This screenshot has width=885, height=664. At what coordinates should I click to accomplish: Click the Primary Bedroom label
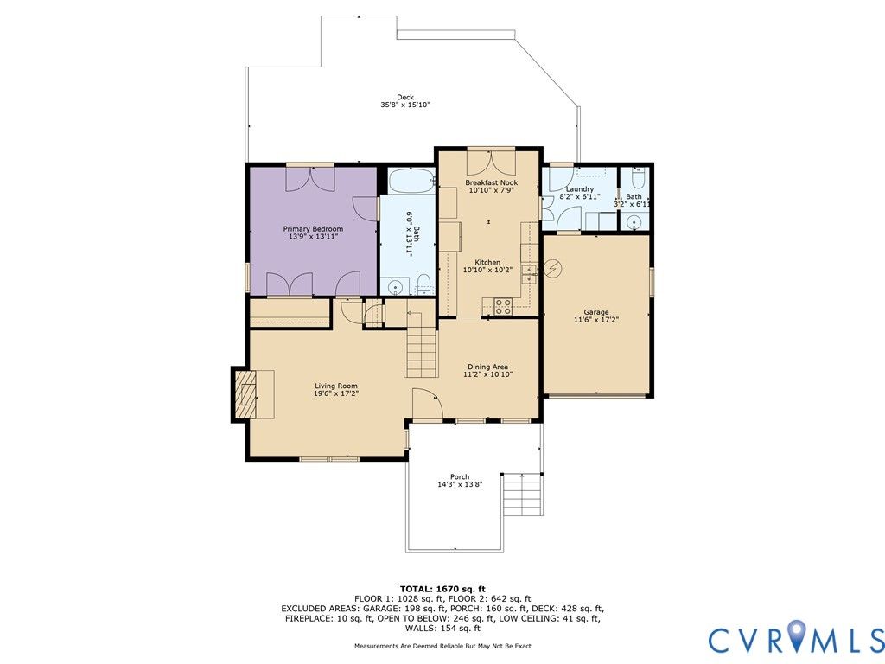tap(313, 228)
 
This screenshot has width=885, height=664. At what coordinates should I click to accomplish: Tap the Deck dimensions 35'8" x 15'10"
tap(405, 105)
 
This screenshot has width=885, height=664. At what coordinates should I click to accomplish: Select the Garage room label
tap(596, 311)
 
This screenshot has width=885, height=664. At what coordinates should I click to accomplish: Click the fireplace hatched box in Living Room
tap(245, 394)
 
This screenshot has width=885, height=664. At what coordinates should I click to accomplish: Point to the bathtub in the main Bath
tap(411, 180)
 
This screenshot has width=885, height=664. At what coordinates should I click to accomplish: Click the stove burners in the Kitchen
tap(503, 306)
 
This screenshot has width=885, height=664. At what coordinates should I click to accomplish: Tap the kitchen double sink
tap(529, 274)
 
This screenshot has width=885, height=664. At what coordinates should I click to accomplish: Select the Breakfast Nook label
tap(491, 182)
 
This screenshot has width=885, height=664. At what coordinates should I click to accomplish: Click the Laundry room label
tap(580, 189)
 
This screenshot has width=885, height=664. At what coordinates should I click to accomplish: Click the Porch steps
tap(523, 495)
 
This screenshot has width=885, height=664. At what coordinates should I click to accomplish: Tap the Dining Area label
tap(487, 367)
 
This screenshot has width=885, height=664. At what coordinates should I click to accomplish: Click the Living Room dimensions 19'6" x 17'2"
tap(336, 393)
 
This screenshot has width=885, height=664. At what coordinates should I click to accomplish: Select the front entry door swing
tap(427, 404)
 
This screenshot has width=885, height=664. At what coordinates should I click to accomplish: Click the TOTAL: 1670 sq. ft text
tap(442, 589)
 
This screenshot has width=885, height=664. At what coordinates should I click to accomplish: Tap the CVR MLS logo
tap(796, 639)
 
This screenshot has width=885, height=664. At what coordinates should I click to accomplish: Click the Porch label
tap(460, 476)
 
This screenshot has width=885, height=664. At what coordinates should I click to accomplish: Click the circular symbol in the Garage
tap(554, 268)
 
